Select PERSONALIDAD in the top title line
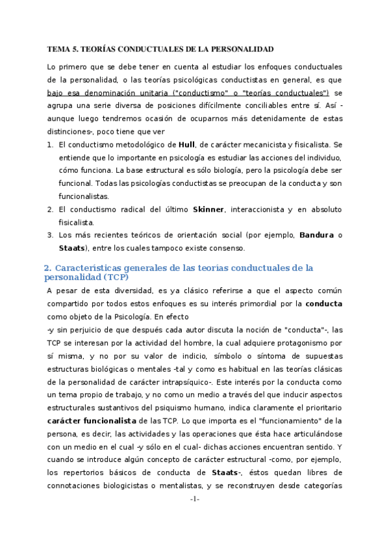point(244,49)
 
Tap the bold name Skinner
point(208,209)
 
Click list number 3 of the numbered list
point(50,235)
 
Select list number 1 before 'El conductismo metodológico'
point(50,144)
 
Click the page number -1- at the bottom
point(195,535)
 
